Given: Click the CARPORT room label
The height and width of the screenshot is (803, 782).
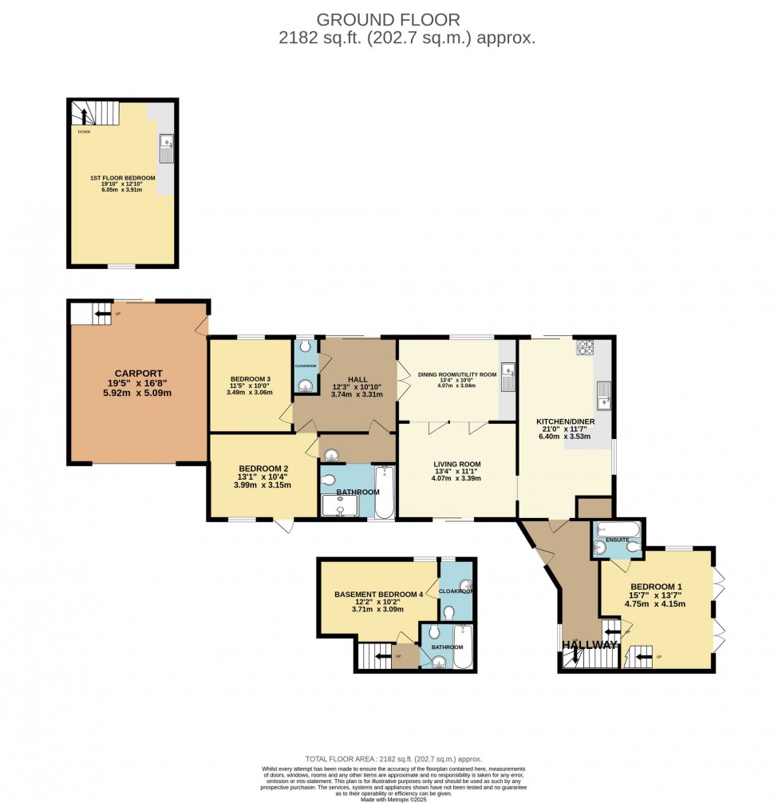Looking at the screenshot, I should pos(138,373).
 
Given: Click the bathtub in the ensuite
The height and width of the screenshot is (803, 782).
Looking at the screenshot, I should pos(618,528).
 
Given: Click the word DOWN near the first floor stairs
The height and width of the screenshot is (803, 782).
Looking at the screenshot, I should pos(84,132).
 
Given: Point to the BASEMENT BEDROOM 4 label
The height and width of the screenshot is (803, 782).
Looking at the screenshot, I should pos(377,594).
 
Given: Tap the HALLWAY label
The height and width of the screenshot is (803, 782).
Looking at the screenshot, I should pos(589,645).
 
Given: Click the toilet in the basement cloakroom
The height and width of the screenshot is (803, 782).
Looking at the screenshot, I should pos(448,612).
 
